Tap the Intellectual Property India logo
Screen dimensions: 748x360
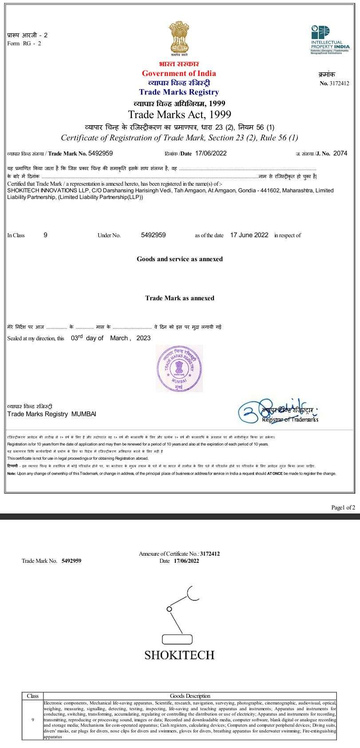coord(330,40)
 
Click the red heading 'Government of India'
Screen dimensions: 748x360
coord(179,73)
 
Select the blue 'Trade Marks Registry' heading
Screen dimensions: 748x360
coord(179,92)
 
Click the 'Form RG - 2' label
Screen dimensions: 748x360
coord(24,43)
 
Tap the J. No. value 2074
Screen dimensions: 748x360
coord(340,153)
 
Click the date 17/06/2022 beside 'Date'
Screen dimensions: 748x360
coord(210,153)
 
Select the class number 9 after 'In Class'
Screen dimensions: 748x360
coord(45,235)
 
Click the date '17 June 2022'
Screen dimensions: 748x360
coord(249,235)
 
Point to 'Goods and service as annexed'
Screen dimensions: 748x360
coord(179,259)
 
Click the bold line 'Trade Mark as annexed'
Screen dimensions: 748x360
coord(179,298)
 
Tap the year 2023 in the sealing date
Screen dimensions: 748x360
coord(143,338)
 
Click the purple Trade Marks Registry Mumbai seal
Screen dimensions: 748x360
coord(179,368)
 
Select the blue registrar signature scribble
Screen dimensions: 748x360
coord(253,410)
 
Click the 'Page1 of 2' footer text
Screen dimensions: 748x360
coord(343,507)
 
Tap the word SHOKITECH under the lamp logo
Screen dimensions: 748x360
coord(179,655)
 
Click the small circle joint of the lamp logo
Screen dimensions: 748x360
coord(169,608)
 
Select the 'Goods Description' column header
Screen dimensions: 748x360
coord(190,696)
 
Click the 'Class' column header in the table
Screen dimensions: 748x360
coord(33,696)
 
